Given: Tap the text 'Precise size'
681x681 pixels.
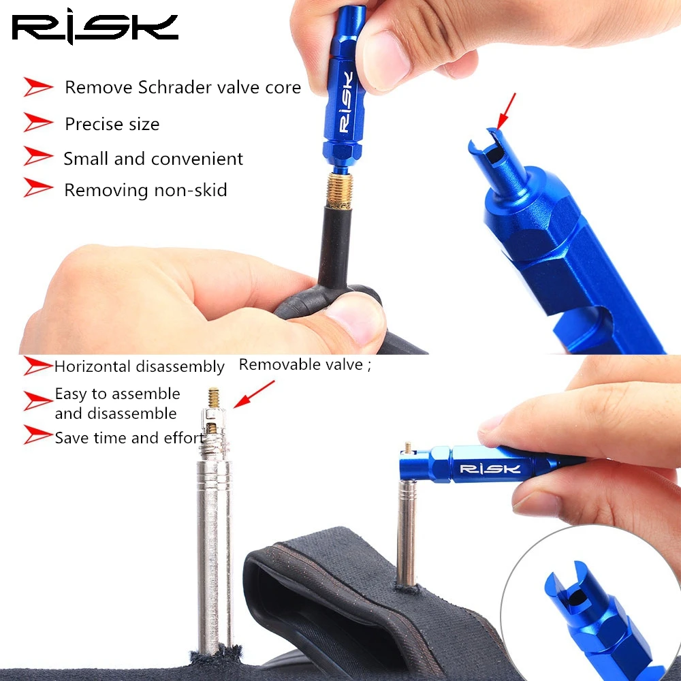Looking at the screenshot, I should point(112,125).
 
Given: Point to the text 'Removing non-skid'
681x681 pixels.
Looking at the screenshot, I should point(145,190).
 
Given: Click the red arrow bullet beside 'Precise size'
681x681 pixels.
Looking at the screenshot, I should point(38,123).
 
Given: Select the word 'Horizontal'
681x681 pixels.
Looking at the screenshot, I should point(93,367).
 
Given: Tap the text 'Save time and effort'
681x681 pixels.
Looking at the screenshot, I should point(129,438).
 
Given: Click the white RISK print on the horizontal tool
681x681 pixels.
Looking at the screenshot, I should point(490,469).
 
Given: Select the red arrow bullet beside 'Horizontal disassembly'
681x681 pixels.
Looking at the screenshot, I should point(38,366).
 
